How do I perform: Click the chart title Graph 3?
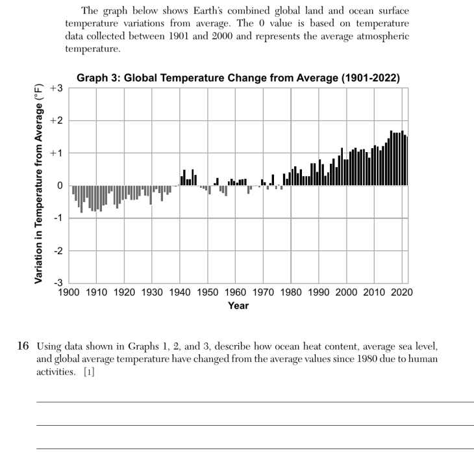[238, 78]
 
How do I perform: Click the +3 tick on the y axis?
[56, 88]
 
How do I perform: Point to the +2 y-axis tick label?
[56, 120]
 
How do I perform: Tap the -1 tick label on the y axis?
[58, 218]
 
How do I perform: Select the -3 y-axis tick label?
[58, 283]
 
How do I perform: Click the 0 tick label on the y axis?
[60, 185]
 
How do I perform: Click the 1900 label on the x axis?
[69, 292]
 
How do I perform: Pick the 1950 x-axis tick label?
[207, 292]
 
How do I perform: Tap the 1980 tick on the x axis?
[291, 292]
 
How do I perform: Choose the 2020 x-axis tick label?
[402, 292]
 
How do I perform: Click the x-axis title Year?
[238, 305]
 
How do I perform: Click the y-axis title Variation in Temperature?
[38, 184]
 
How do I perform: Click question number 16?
[23, 346]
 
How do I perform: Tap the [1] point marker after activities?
[89, 372]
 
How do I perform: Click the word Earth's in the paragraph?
[208, 10]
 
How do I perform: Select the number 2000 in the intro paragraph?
[222, 36]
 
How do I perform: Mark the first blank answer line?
[255, 402]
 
